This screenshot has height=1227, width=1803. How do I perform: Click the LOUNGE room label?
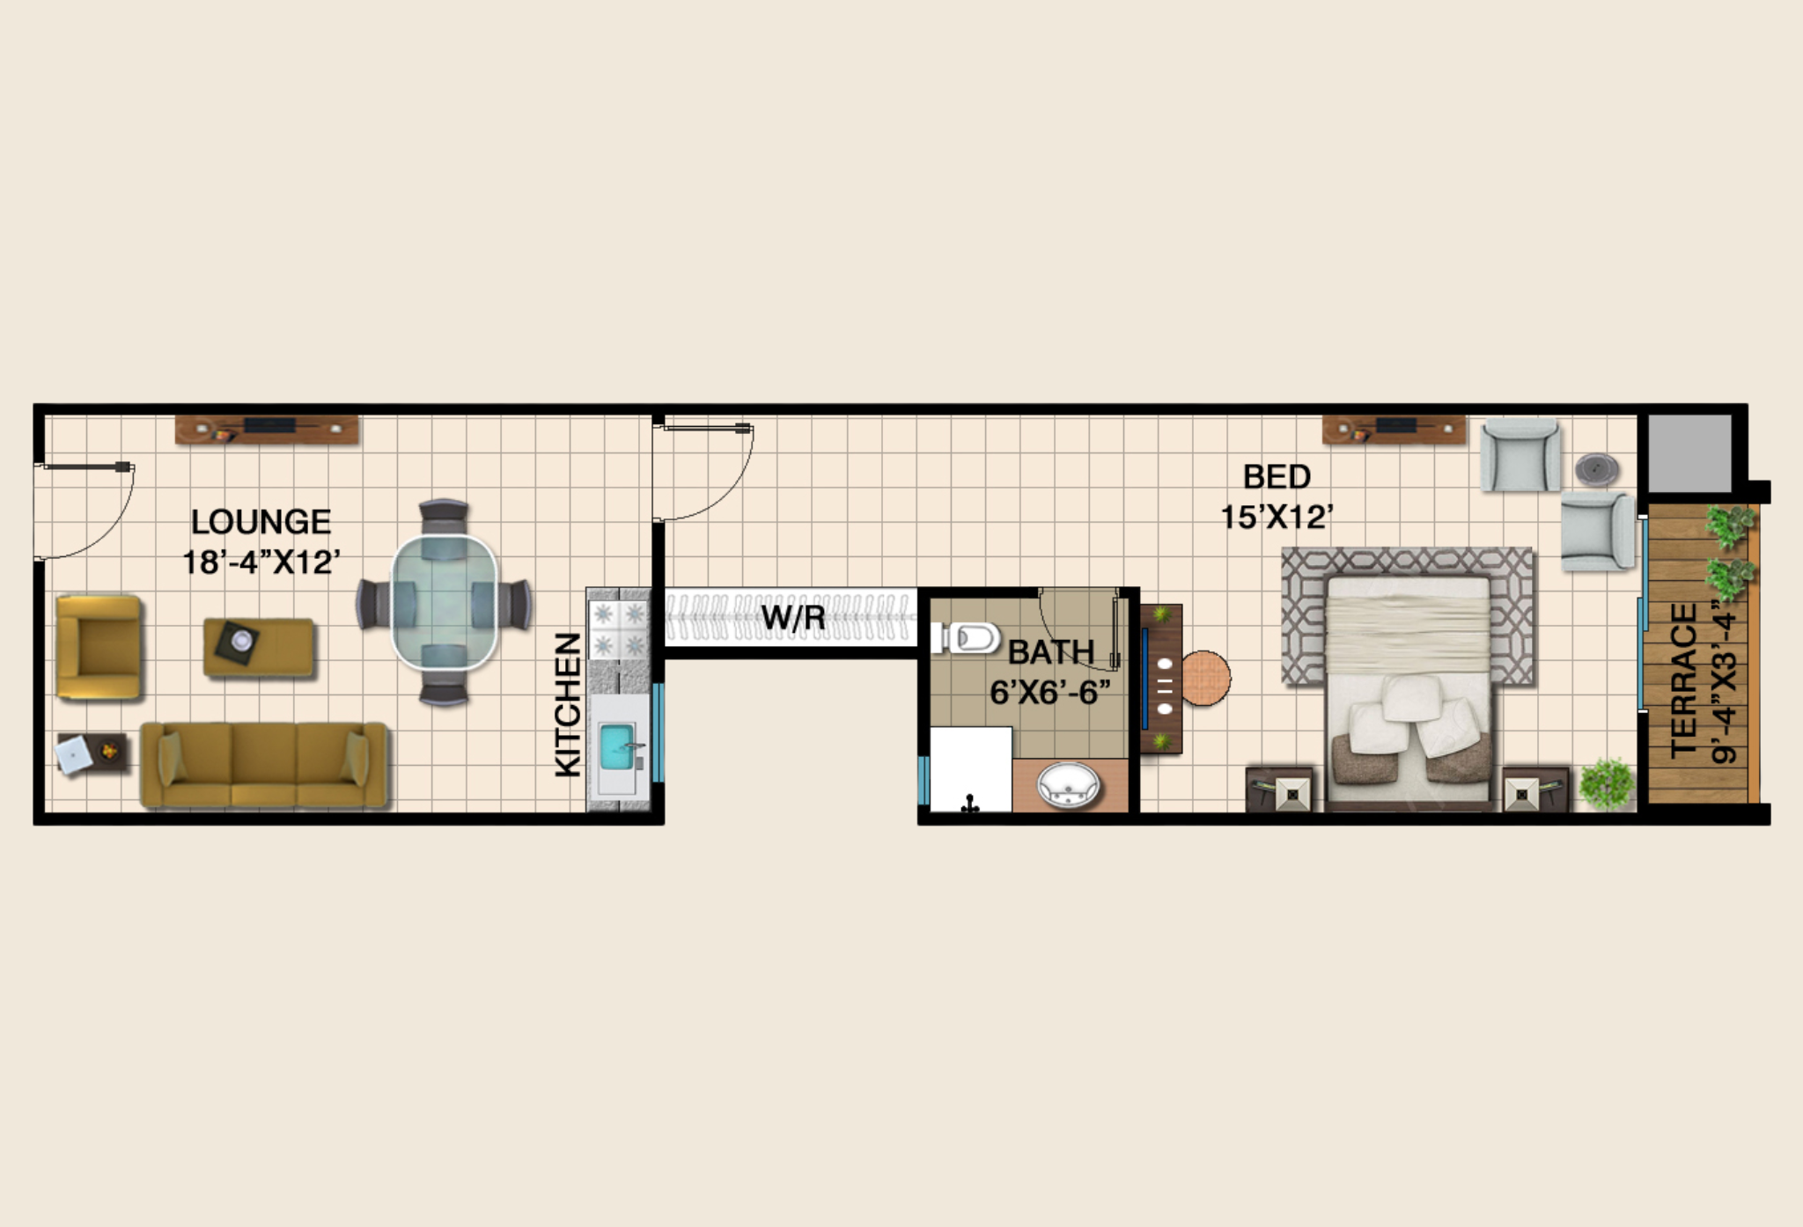[261, 522]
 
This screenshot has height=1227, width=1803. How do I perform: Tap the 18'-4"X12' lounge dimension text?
[261, 562]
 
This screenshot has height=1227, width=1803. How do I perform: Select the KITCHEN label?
[568, 705]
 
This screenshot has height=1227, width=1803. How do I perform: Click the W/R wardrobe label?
[793, 617]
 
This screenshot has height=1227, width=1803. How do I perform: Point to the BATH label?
[1051, 652]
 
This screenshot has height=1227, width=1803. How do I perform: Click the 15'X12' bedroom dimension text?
[1277, 517]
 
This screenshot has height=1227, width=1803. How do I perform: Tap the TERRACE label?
[1684, 680]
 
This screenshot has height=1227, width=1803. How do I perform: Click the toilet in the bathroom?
[966, 637]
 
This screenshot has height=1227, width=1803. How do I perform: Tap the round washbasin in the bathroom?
[1069, 784]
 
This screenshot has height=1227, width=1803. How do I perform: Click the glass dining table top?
[445, 603]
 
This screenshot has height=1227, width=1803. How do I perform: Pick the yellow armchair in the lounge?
[99, 647]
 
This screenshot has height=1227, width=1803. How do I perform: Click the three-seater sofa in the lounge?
[264, 764]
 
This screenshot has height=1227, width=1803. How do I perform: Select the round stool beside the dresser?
[1203, 678]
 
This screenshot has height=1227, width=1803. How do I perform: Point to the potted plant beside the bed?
[1607, 782]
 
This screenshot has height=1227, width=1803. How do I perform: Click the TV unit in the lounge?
[267, 429]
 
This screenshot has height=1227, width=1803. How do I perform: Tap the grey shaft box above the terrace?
[1689, 453]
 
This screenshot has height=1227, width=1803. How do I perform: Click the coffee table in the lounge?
[259, 647]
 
